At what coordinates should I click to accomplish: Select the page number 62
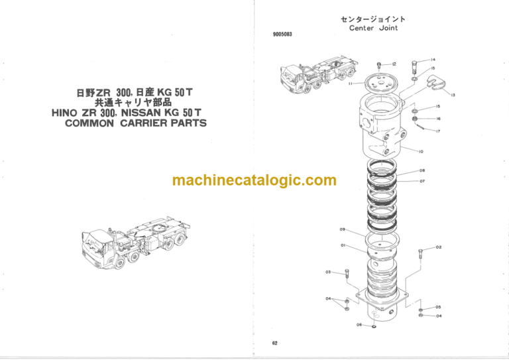coord(274,343)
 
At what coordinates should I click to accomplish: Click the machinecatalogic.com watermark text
coord(254,180)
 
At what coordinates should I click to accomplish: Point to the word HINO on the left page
coord(67,113)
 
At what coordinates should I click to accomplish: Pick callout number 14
coord(432,59)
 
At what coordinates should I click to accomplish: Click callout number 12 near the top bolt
coord(394,64)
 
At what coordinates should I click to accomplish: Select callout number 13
coord(452,95)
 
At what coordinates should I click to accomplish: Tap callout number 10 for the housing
coord(421,151)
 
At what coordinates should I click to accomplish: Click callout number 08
coord(422,170)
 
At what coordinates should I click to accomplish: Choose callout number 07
coord(422,180)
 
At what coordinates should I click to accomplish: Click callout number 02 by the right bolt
coord(439,247)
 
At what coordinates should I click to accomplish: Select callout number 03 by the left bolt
coord(328,272)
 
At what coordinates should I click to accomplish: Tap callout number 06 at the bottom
coord(359,325)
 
